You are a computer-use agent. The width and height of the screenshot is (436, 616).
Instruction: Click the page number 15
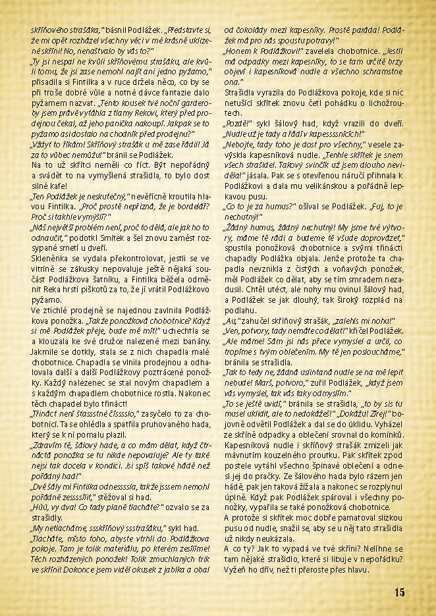(400, 592)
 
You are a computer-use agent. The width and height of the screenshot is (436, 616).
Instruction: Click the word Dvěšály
(49, 485)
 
